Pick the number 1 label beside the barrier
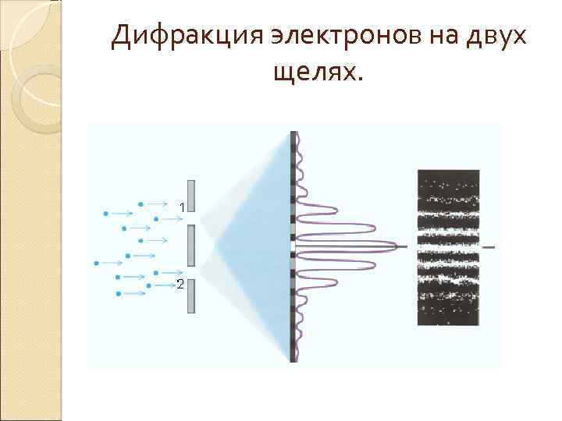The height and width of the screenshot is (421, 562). tap(181, 208)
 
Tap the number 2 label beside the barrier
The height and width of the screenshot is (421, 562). tap(180, 285)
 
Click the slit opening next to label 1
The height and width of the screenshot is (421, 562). tap(191, 218)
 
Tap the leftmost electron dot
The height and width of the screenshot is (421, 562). tap(97, 261)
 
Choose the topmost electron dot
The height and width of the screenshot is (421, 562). tap(140, 204)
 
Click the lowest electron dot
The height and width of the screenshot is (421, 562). tap(118, 294)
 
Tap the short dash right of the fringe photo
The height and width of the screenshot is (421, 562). tap(489, 247)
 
